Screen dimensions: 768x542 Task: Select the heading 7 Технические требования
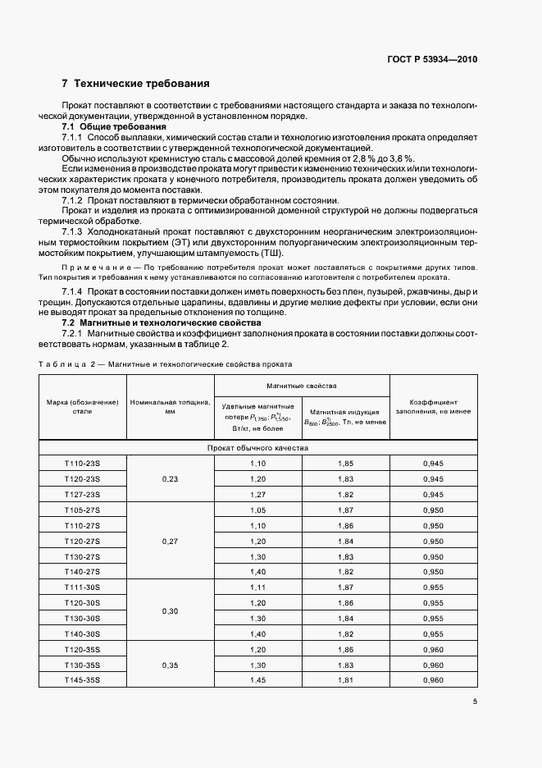[135, 84]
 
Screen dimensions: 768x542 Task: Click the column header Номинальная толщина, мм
[170, 407]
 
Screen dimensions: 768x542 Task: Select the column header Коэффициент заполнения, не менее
[433, 407]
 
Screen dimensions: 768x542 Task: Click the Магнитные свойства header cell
[301, 385]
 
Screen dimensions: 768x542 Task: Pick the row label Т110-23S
[82, 464]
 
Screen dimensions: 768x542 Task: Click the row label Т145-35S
[82, 680]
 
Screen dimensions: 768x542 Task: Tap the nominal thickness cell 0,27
[170, 541]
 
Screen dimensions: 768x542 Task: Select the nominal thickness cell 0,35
[170, 665]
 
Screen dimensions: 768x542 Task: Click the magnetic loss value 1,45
[258, 680]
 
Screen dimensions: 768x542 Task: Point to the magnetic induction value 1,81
[345, 680]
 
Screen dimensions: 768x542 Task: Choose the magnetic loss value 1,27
[258, 495]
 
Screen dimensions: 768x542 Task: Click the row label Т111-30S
[82, 587]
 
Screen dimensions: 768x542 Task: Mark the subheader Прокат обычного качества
[257, 448]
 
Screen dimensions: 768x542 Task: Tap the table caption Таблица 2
[66, 363]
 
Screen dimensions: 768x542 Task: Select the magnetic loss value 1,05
[258, 510]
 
